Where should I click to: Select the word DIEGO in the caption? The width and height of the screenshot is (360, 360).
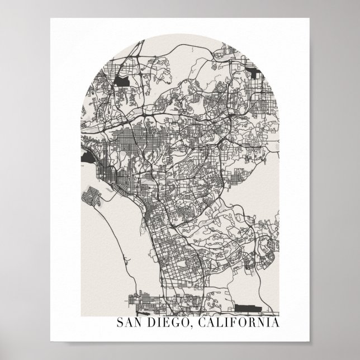point(166,324)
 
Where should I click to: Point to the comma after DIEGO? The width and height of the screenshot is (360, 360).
point(187,327)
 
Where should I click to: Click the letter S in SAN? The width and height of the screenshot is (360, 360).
point(120,324)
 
